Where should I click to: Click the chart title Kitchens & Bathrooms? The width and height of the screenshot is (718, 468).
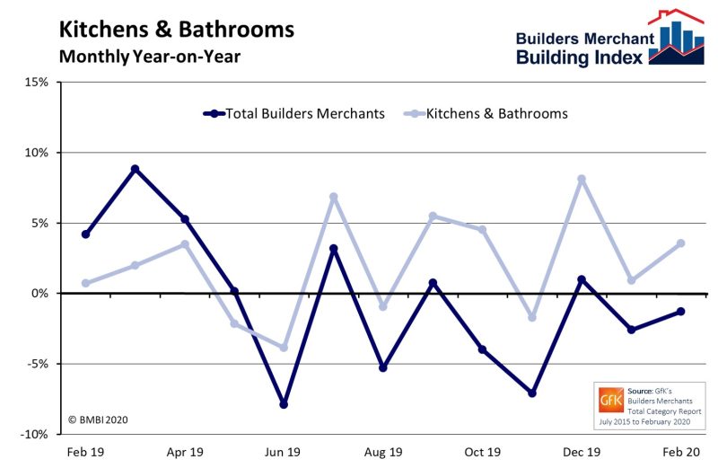176,29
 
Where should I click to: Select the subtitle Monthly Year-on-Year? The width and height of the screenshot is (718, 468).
150,56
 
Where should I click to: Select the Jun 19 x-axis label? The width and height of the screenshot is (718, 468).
284,452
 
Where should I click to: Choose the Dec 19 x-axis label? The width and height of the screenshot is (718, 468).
582,452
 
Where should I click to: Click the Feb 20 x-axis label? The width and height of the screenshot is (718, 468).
681,452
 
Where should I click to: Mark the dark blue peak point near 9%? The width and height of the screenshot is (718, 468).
135,169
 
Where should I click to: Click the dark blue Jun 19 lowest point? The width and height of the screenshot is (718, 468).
284,404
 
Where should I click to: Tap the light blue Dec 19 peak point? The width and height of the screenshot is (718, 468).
582,179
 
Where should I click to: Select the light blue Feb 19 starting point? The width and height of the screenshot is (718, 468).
85,283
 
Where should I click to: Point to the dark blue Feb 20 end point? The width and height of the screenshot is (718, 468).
681,312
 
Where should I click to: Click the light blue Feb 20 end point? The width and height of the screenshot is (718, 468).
681,243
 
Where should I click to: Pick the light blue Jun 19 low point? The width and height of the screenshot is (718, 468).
284,348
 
